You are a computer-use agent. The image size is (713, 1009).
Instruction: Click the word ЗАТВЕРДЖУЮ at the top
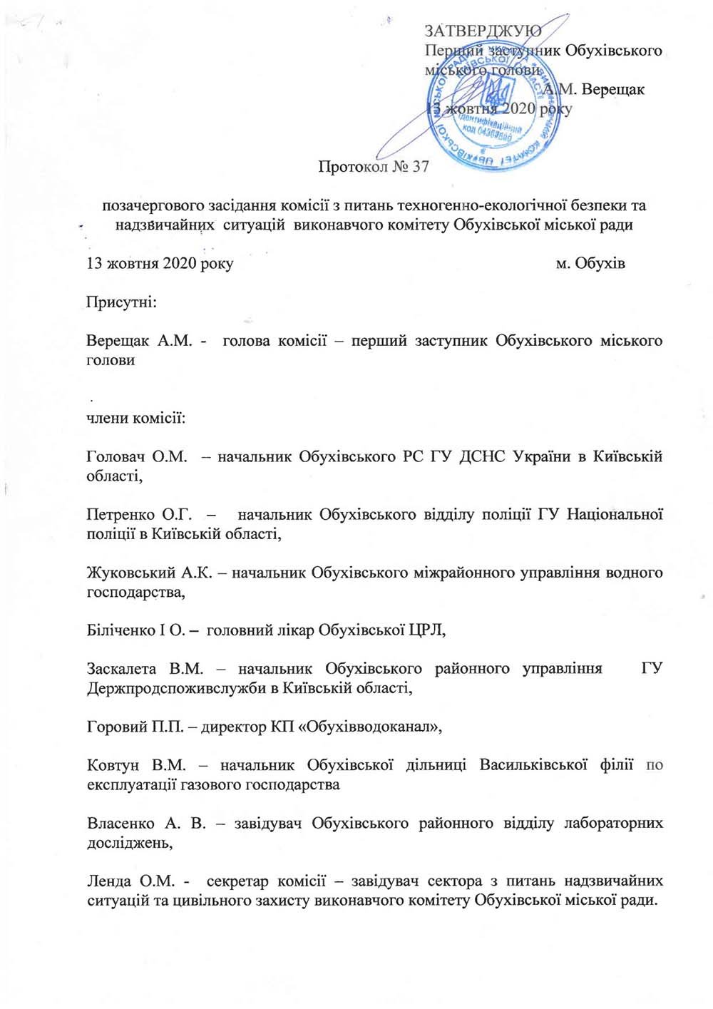pos(483,31)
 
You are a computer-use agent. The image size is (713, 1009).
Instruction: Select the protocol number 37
pos(421,167)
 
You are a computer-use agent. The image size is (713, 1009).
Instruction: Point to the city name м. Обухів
pos(590,264)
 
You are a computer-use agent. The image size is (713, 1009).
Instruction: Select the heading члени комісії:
pos(135,418)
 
